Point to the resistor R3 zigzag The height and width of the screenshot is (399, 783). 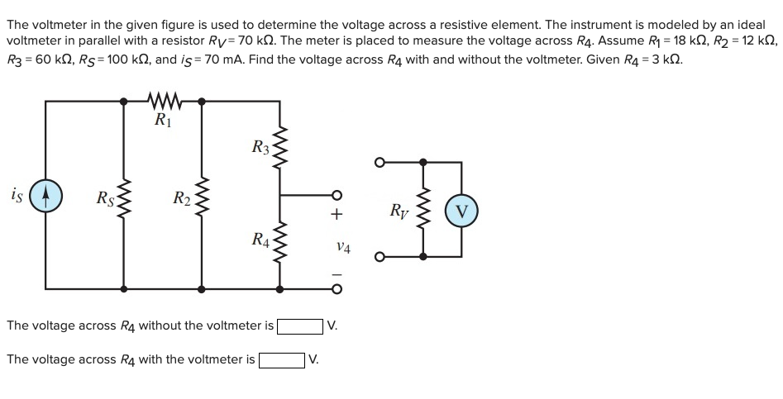pos(279,149)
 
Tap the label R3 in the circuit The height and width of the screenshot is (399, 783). pos(259,149)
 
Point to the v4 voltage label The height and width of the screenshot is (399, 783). pos(344,246)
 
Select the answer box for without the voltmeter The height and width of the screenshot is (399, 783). pos(301,325)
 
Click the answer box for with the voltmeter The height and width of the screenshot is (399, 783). pos(282,359)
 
